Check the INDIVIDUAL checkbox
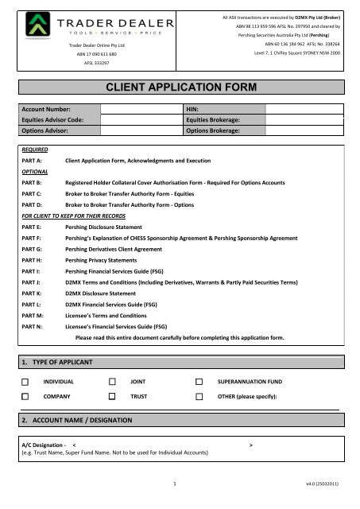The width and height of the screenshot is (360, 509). pos(25,382)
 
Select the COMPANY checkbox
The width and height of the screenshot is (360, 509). pos(25,395)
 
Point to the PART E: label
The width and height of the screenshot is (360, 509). pos(31,227)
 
